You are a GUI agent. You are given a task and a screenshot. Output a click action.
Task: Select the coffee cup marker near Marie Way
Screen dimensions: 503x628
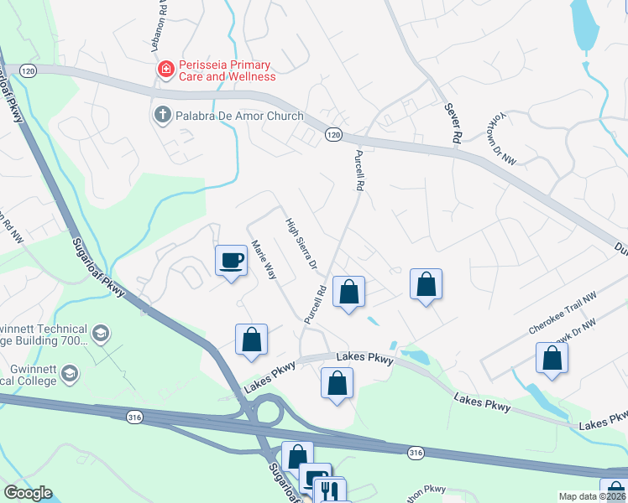pos(232,261)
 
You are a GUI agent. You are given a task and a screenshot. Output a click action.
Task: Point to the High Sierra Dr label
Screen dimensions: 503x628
pos(300,244)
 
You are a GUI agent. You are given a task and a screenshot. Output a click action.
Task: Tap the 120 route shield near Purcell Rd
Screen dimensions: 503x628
pos(334,134)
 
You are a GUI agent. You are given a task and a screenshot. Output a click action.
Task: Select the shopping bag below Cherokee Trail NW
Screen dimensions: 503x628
pos(552,357)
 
